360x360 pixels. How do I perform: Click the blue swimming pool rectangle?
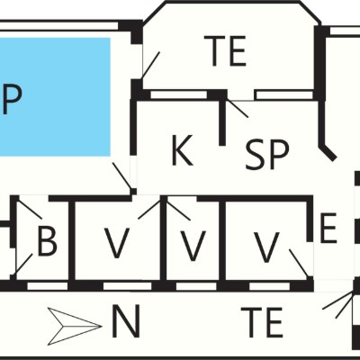(55, 97)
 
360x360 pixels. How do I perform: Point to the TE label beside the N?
(262, 322)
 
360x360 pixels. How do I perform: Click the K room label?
(182, 150)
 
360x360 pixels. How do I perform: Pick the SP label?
(267, 155)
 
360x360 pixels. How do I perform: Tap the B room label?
(47, 241)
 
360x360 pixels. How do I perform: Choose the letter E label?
(328, 228)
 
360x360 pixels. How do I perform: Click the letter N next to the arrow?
(126, 321)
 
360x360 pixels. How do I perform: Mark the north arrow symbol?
(75, 327)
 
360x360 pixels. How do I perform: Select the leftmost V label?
(117, 243)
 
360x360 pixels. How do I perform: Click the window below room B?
(48, 286)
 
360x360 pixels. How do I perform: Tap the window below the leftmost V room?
(128, 286)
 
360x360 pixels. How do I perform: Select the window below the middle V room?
(196, 286)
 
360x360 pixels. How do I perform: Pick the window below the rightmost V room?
(270, 286)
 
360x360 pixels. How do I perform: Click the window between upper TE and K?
(179, 94)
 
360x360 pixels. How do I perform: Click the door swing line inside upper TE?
(151, 66)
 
